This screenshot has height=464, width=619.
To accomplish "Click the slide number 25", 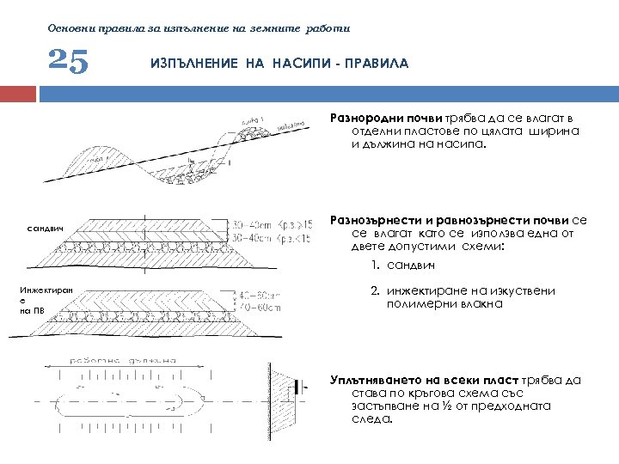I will click(x=68, y=62).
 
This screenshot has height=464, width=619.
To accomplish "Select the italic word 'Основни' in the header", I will click(x=69, y=27).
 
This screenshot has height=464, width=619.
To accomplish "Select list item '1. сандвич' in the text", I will click(x=403, y=266).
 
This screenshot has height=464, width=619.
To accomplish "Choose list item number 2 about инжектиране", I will click(x=464, y=297).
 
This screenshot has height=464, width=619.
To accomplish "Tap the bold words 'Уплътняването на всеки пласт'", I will click(x=421, y=379).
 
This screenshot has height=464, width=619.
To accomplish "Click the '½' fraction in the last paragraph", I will click(x=448, y=406).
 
